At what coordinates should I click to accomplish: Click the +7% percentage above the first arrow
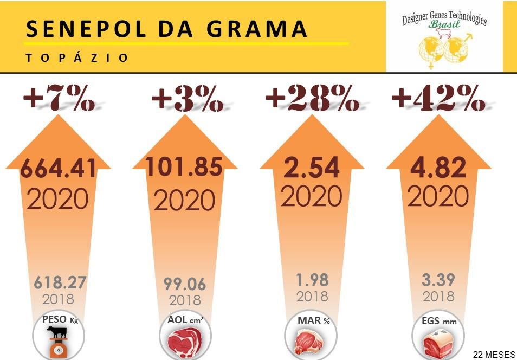[59, 99]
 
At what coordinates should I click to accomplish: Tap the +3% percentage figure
[187, 99]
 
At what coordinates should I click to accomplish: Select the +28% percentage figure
[312, 99]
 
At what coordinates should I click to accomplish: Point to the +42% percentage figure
[438, 99]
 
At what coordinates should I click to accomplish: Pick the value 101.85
[184, 166]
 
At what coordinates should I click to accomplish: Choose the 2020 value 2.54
[312, 168]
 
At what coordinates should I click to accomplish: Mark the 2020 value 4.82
[438, 168]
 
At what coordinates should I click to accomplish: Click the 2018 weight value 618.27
[60, 282]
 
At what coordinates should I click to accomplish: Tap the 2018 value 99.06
[185, 284]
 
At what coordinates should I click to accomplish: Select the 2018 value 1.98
[312, 280]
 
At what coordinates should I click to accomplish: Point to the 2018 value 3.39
[438, 280]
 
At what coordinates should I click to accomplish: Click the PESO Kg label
[60, 320]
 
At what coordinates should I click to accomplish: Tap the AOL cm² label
[185, 320]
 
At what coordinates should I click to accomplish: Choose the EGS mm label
[439, 321]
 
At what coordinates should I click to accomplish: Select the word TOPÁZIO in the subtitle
[77, 57]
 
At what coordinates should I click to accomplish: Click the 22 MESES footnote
[494, 355]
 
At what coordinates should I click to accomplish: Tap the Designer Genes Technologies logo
[444, 36]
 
